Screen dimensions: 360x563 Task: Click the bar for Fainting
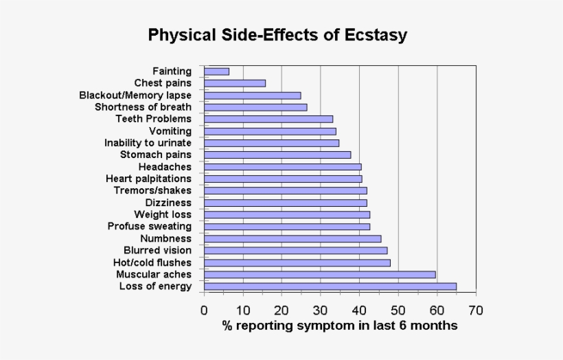coord(217,71)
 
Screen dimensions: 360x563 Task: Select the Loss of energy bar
coord(330,286)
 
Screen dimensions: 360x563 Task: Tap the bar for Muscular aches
coord(320,275)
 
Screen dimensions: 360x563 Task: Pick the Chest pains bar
coord(235,83)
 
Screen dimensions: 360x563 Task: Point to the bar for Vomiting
coord(270,131)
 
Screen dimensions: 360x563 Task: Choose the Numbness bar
coord(292,238)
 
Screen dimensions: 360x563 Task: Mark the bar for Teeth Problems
coord(268,119)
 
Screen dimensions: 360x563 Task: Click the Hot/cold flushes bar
coord(297,262)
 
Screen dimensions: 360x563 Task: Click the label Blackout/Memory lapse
coord(135,95)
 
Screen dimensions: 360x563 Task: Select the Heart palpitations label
coord(148,179)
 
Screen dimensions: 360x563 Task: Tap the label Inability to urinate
coord(148,143)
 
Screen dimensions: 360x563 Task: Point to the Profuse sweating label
coord(150,226)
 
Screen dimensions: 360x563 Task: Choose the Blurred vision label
coord(157,250)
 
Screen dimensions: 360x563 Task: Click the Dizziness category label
coord(168,203)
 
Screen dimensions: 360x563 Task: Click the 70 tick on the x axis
coord(475,310)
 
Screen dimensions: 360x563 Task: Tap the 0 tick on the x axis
coord(204,310)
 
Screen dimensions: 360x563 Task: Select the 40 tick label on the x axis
coord(359,310)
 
